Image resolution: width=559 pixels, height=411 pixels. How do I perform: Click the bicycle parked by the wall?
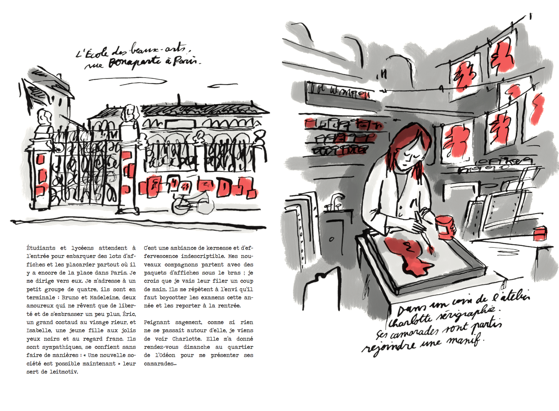pyautogui.click(x=193, y=203)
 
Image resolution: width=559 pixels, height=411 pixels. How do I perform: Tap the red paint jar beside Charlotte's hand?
pyautogui.click(x=444, y=227)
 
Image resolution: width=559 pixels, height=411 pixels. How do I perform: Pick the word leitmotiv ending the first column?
pyautogui.click(x=64, y=372)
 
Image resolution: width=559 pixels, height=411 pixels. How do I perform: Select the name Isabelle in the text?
pyautogui.click(x=39, y=330)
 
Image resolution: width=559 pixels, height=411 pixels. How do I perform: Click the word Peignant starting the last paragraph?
pyautogui.click(x=157, y=323)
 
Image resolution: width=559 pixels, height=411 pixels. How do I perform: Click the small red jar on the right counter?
pyautogui.click(x=540, y=233)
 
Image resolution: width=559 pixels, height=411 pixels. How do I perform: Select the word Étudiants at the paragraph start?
pyautogui.click(x=41, y=248)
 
